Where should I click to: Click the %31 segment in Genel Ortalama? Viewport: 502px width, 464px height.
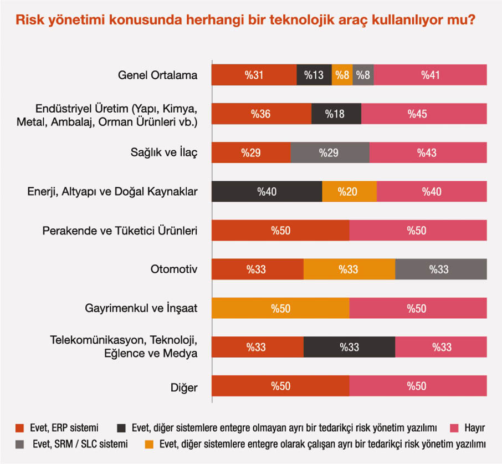[254, 75]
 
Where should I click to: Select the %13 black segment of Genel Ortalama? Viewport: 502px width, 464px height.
[314, 75]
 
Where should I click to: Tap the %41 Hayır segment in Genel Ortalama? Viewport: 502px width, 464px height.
[430, 75]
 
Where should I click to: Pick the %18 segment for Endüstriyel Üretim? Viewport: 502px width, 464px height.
[336, 114]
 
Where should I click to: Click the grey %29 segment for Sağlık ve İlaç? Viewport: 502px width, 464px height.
[330, 153]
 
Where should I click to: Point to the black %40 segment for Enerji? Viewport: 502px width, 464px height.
[267, 192]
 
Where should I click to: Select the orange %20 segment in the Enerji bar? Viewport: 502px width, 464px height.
[349, 192]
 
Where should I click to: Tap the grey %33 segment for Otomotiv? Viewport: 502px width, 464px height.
[440, 269]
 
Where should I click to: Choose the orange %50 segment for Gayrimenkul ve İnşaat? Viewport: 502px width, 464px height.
[280, 308]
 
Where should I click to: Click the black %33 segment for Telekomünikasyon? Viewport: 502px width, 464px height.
[349, 347]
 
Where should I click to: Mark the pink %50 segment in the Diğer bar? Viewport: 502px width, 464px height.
[418, 386]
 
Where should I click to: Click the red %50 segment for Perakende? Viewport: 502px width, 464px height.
[280, 231]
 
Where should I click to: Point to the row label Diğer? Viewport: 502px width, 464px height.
[185, 386]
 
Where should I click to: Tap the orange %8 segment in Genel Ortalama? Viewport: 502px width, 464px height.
[342, 75]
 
